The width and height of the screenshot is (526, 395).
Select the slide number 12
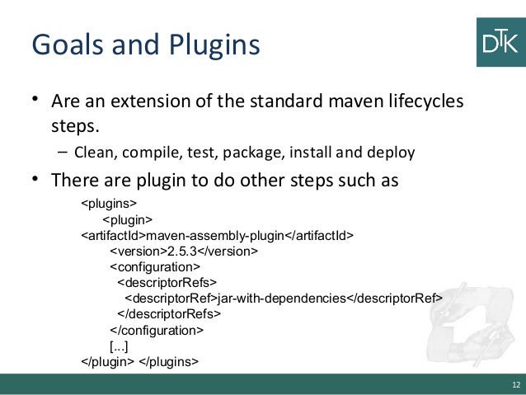pos(515,385)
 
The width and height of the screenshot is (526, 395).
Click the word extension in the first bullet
pos(156,105)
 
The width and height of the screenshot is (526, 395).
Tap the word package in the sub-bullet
pos(242,153)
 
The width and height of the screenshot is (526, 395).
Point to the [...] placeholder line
pos(119,345)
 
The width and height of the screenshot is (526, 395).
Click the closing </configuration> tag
pos(157,329)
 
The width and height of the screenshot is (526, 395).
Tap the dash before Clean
pos(63,153)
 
